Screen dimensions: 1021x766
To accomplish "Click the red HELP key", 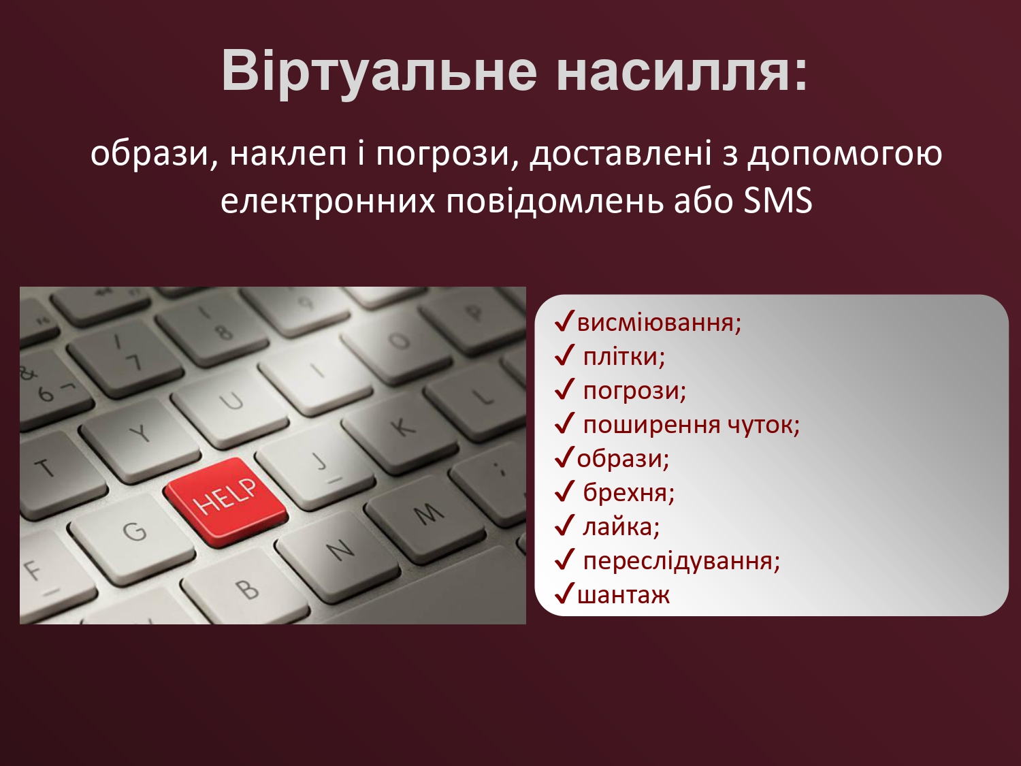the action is point(227,501).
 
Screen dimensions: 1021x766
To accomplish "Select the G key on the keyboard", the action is point(131,532).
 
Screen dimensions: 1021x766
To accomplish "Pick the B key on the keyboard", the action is point(246,590).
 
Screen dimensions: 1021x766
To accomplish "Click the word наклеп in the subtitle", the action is point(288,154).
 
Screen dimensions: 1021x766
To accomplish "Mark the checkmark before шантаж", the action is point(564,594).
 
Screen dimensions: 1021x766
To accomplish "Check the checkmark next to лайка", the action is point(564,526).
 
